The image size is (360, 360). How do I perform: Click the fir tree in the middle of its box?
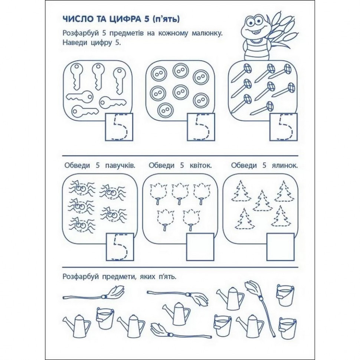tap(263, 201)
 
